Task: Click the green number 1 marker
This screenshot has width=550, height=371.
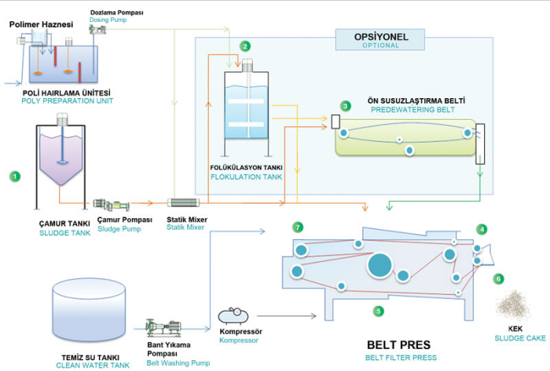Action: (14, 176)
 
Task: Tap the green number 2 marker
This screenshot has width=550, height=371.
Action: (246, 46)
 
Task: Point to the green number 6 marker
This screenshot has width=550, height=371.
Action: (498, 278)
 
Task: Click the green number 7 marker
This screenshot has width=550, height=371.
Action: (298, 227)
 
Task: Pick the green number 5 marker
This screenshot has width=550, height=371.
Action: (379, 311)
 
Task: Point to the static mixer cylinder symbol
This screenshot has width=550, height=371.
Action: (185, 203)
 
